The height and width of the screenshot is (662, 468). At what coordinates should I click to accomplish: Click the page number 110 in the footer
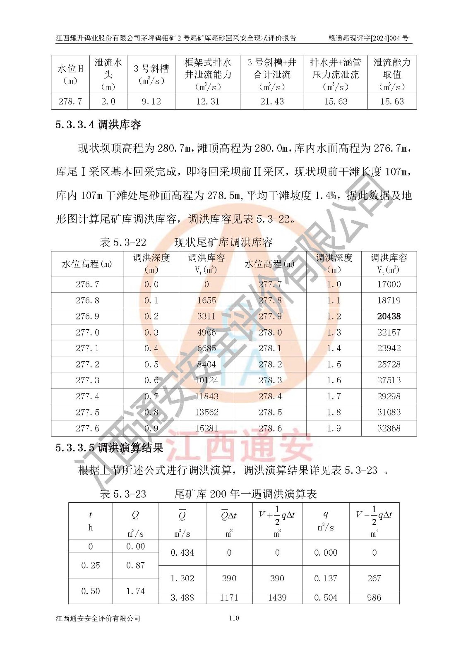[234, 618]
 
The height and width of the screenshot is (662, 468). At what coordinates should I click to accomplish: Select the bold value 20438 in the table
[389, 317]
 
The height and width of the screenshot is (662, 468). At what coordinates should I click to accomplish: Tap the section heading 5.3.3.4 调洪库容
[98, 125]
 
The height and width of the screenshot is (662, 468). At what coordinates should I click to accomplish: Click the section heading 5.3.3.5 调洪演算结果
[110, 448]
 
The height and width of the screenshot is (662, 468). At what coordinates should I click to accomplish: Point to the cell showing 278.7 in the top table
[70, 101]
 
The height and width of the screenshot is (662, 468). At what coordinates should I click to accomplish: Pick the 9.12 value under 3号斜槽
[151, 101]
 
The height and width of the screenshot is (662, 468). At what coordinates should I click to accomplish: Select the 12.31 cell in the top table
[208, 101]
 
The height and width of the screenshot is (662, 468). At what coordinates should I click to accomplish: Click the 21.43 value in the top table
[272, 101]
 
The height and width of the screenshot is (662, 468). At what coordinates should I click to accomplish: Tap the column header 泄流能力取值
[392, 74]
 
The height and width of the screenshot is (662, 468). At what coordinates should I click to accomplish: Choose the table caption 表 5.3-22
[123, 242]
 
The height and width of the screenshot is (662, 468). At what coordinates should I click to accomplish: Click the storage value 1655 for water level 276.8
[206, 300]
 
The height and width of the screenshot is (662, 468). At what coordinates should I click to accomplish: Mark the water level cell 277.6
[87, 428]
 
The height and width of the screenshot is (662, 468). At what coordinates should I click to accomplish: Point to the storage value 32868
[389, 428]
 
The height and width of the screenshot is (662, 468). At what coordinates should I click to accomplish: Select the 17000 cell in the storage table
[389, 284]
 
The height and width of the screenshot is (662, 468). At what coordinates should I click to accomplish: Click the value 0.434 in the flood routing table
[182, 553]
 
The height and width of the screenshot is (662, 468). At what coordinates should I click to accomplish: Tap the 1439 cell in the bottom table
[277, 597]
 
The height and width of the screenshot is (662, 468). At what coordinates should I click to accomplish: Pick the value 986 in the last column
[374, 597]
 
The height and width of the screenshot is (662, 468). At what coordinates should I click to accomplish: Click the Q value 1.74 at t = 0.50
[135, 591]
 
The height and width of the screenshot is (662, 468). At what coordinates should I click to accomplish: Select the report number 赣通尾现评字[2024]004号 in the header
[368, 38]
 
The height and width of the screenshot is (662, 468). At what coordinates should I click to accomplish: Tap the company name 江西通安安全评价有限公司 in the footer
[98, 619]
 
